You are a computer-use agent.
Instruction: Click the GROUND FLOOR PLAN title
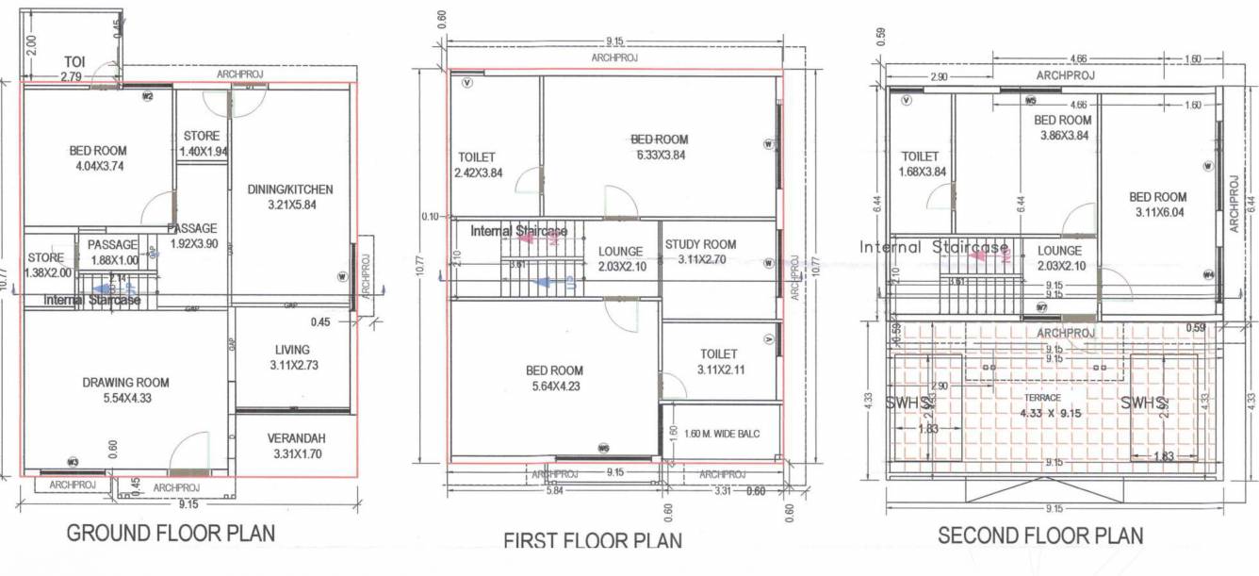(171, 533)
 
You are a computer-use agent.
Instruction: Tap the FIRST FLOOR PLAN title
(593, 541)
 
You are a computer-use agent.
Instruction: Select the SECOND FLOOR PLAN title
(1040, 535)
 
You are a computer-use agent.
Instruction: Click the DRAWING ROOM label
(125, 382)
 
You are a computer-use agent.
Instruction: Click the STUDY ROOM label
(700, 244)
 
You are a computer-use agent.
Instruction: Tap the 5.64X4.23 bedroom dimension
(554, 386)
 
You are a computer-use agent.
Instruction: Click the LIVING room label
(291, 350)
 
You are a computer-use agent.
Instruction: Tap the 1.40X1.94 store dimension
(204, 151)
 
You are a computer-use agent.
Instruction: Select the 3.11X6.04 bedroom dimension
(1157, 212)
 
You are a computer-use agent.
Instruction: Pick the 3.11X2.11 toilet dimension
(721, 370)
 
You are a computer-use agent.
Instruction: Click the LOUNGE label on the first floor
(620, 252)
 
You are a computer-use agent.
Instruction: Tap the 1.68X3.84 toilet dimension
(920, 172)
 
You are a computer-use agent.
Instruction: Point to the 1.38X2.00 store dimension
(45, 272)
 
